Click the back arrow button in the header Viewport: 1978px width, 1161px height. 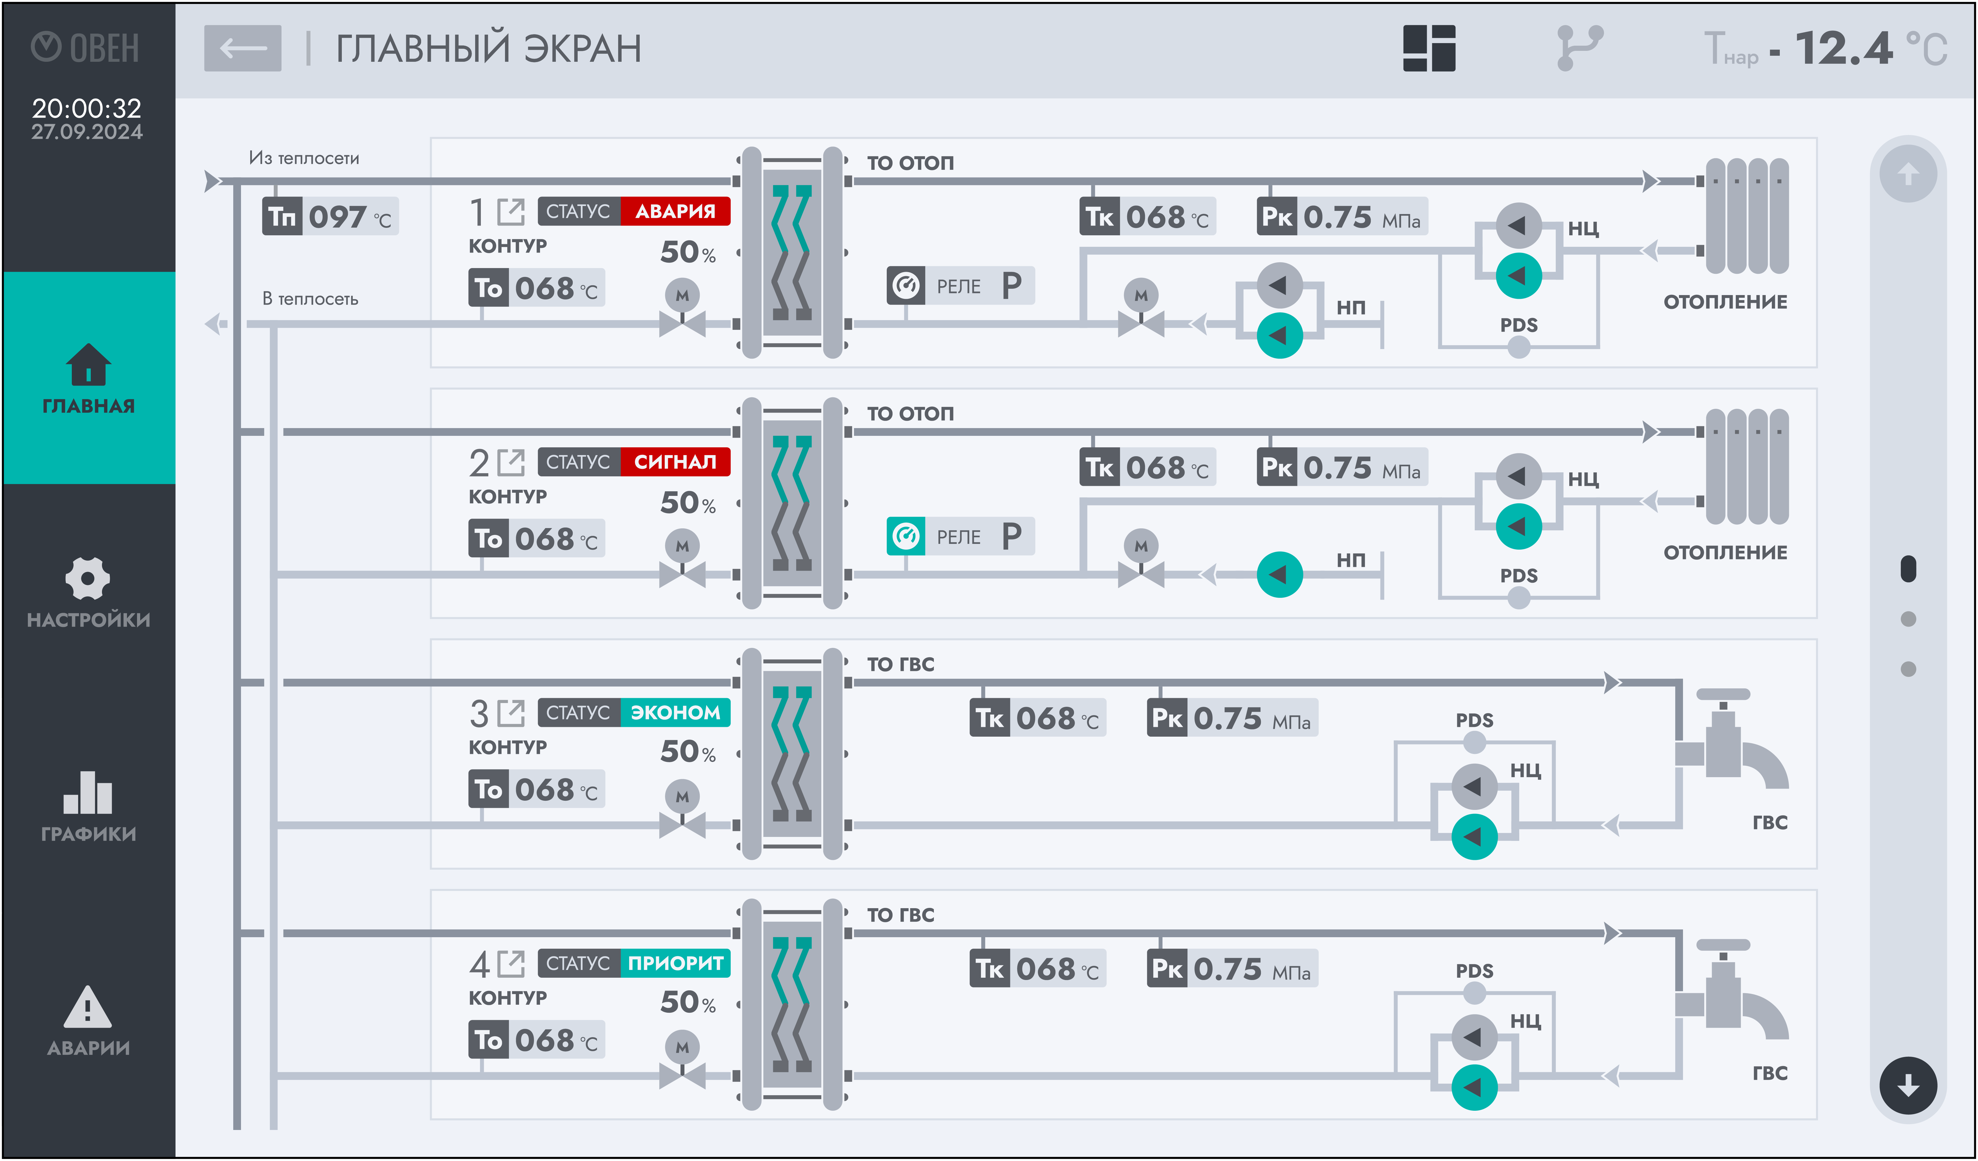242,48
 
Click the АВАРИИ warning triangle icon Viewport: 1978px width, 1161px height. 88,1007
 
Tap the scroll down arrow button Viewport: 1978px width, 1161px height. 1908,1086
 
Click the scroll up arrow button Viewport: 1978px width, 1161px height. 1908,174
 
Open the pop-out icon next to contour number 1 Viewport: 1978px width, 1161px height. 511,212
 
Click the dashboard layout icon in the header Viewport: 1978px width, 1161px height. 1429,48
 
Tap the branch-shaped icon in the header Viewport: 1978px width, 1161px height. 1579,48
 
